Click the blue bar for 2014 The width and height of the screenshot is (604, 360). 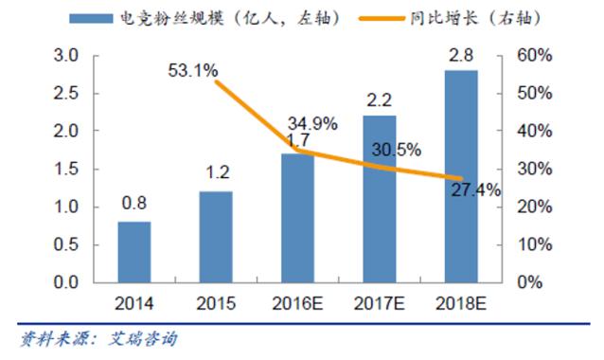(133, 252)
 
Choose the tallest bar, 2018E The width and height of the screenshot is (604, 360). (461, 176)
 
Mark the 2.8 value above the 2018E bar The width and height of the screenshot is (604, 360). (461, 54)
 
